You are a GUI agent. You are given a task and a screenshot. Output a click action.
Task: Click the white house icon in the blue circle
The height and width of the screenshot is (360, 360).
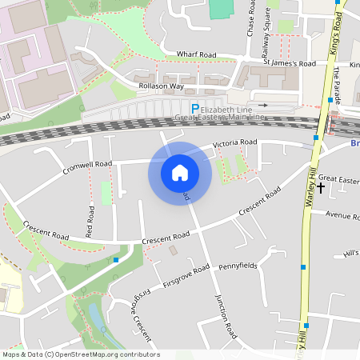coord(180,172)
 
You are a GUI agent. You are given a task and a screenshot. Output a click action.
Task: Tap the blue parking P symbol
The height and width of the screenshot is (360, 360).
coord(194,108)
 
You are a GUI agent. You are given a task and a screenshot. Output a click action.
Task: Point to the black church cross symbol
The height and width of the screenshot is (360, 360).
coord(321,188)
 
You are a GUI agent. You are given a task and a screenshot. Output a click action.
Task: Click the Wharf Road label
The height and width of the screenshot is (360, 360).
coord(196,55)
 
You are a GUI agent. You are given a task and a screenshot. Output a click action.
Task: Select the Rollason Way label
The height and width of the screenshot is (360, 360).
coord(161,86)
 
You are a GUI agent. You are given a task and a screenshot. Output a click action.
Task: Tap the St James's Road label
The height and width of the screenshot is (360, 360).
coord(290,63)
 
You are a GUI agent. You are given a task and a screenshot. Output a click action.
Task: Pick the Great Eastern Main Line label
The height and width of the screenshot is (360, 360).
coord(219,118)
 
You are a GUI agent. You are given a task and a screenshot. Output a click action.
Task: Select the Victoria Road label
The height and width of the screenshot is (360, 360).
coord(234,144)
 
